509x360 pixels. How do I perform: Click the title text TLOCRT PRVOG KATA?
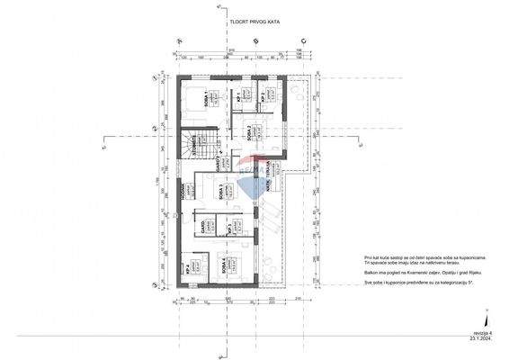(254, 26)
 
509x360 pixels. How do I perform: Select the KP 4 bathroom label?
(186, 268)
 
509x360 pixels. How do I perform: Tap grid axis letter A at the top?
(180, 41)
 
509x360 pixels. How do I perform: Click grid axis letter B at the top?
(256, 41)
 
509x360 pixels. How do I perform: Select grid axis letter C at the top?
(303, 41)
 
